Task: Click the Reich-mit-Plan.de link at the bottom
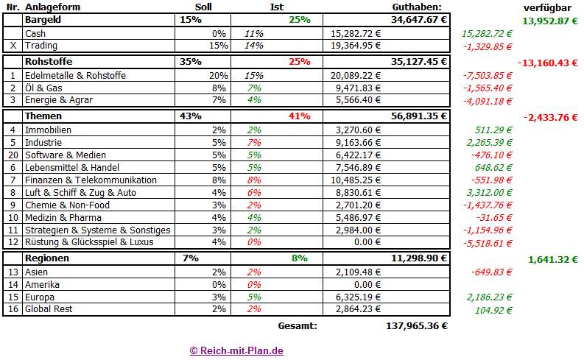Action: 236,350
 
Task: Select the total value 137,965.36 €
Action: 417,325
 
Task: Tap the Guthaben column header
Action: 416,7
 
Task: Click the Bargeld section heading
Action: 43,19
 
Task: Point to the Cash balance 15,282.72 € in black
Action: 356,34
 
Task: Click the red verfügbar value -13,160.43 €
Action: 547,63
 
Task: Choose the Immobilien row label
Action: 48,130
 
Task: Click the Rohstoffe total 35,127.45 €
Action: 416,61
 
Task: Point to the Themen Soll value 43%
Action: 191,116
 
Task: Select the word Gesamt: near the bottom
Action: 298,325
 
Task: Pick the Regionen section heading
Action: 47,258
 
